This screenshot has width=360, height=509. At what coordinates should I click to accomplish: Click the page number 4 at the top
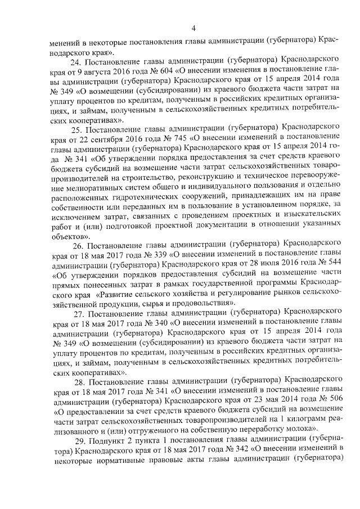[x=193, y=28]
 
